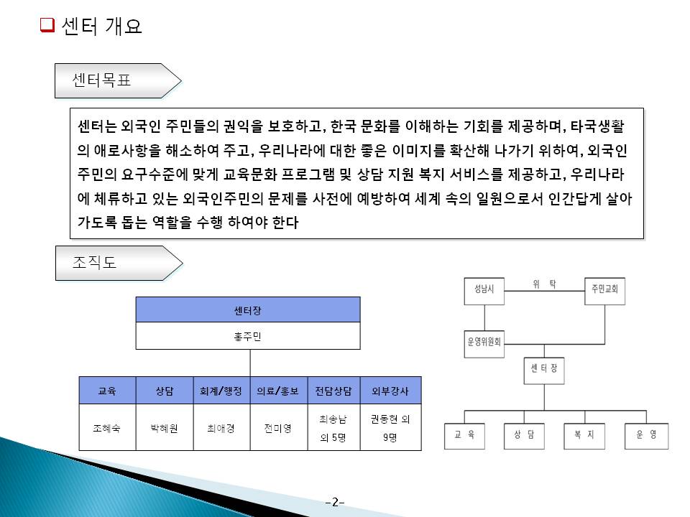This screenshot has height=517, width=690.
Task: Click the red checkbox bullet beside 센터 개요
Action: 47,27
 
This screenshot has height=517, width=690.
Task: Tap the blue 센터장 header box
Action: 248,309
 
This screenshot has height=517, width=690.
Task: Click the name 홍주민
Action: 248,336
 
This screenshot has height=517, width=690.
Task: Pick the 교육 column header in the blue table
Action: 107,391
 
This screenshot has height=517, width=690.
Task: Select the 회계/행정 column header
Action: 222,391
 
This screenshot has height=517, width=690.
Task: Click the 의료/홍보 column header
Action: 278,391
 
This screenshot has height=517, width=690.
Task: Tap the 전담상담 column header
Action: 333,391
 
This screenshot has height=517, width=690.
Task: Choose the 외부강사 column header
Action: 390,391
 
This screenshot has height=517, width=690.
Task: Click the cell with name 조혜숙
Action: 107,428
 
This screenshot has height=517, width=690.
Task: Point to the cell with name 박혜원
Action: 165,428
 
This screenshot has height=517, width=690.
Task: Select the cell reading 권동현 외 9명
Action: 390,428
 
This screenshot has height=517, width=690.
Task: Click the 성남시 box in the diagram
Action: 484,292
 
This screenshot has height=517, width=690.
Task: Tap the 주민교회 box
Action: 604,292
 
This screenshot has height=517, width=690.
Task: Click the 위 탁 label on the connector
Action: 545,284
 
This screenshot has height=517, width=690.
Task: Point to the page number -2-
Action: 335,502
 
